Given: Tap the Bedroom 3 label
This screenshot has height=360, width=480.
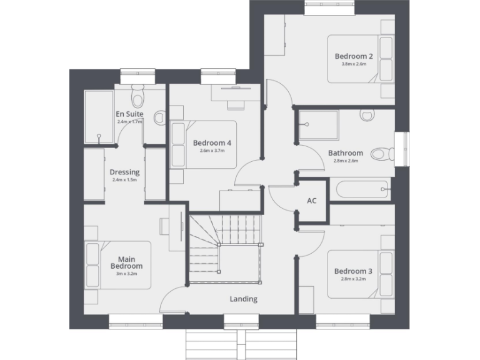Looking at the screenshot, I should (x=353, y=271).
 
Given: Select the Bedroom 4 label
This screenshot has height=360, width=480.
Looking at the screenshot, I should (x=212, y=142).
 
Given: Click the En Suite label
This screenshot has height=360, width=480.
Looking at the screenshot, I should (x=129, y=114).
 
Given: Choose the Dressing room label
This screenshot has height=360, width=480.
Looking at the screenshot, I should (x=124, y=172).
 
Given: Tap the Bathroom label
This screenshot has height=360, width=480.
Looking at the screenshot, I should (x=346, y=152).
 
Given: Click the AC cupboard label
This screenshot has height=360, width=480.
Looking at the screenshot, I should (x=312, y=201).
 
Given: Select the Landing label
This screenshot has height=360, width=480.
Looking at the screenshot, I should (x=243, y=299).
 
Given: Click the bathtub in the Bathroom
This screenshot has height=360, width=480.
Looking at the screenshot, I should (x=362, y=189).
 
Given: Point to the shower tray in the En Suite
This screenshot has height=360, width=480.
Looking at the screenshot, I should (x=99, y=117).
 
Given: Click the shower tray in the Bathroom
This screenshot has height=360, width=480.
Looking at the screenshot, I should (x=318, y=126).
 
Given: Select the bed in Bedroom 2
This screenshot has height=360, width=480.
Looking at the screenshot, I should (x=362, y=59).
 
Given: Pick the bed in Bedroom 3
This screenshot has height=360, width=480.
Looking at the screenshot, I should (x=361, y=274).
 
